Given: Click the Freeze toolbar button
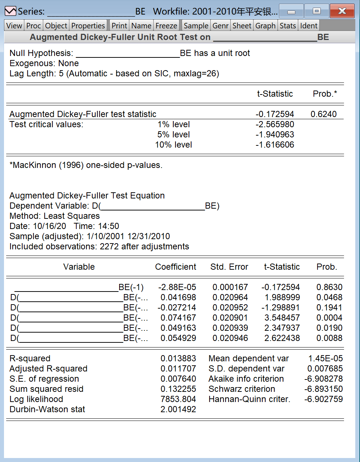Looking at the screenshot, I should tap(166, 26).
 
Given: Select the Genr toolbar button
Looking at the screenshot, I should tap(221, 26).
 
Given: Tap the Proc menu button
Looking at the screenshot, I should tap(33, 26).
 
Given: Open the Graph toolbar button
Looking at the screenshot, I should tap(265, 26).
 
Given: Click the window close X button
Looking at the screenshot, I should tap(342, 11).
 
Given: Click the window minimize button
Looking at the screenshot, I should tap(291, 11).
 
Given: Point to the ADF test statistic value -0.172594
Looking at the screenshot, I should tap(275, 114).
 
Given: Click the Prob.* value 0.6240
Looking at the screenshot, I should tap(323, 114).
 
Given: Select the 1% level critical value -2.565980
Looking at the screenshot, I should tap(275, 124).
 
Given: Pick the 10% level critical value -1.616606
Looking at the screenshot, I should tap(275, 145).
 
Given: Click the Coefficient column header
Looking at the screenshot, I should tap(175, 267).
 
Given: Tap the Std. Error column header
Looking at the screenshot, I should tap(229, 267).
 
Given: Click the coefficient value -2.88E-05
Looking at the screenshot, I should tap(177, 287).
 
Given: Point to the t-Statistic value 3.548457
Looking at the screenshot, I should tap(282, 318).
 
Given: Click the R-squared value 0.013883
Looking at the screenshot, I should tap(178, 358).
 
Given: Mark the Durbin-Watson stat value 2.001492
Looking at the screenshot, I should tap(178, 409).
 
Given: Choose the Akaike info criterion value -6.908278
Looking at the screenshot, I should tap(323, 379).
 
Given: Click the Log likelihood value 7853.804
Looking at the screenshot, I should tap(178, 399).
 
